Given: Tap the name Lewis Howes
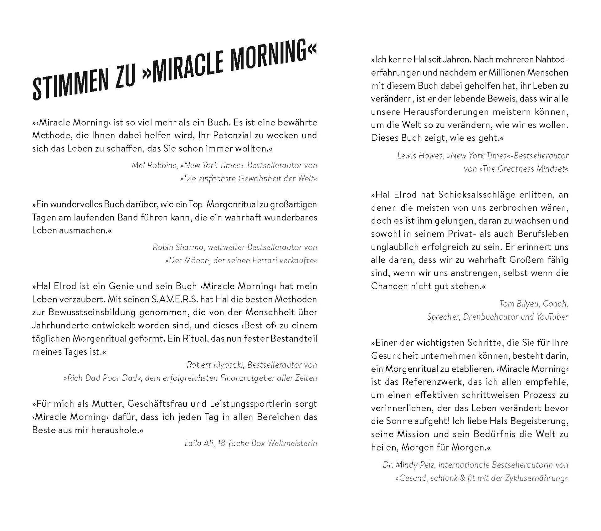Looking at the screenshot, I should pyautogui.click(x=419, y=156).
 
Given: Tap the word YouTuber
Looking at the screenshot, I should pyautogui.click(x=552, y=317).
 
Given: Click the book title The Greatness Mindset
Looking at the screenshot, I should pyautogui.click(x=523, y=169).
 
